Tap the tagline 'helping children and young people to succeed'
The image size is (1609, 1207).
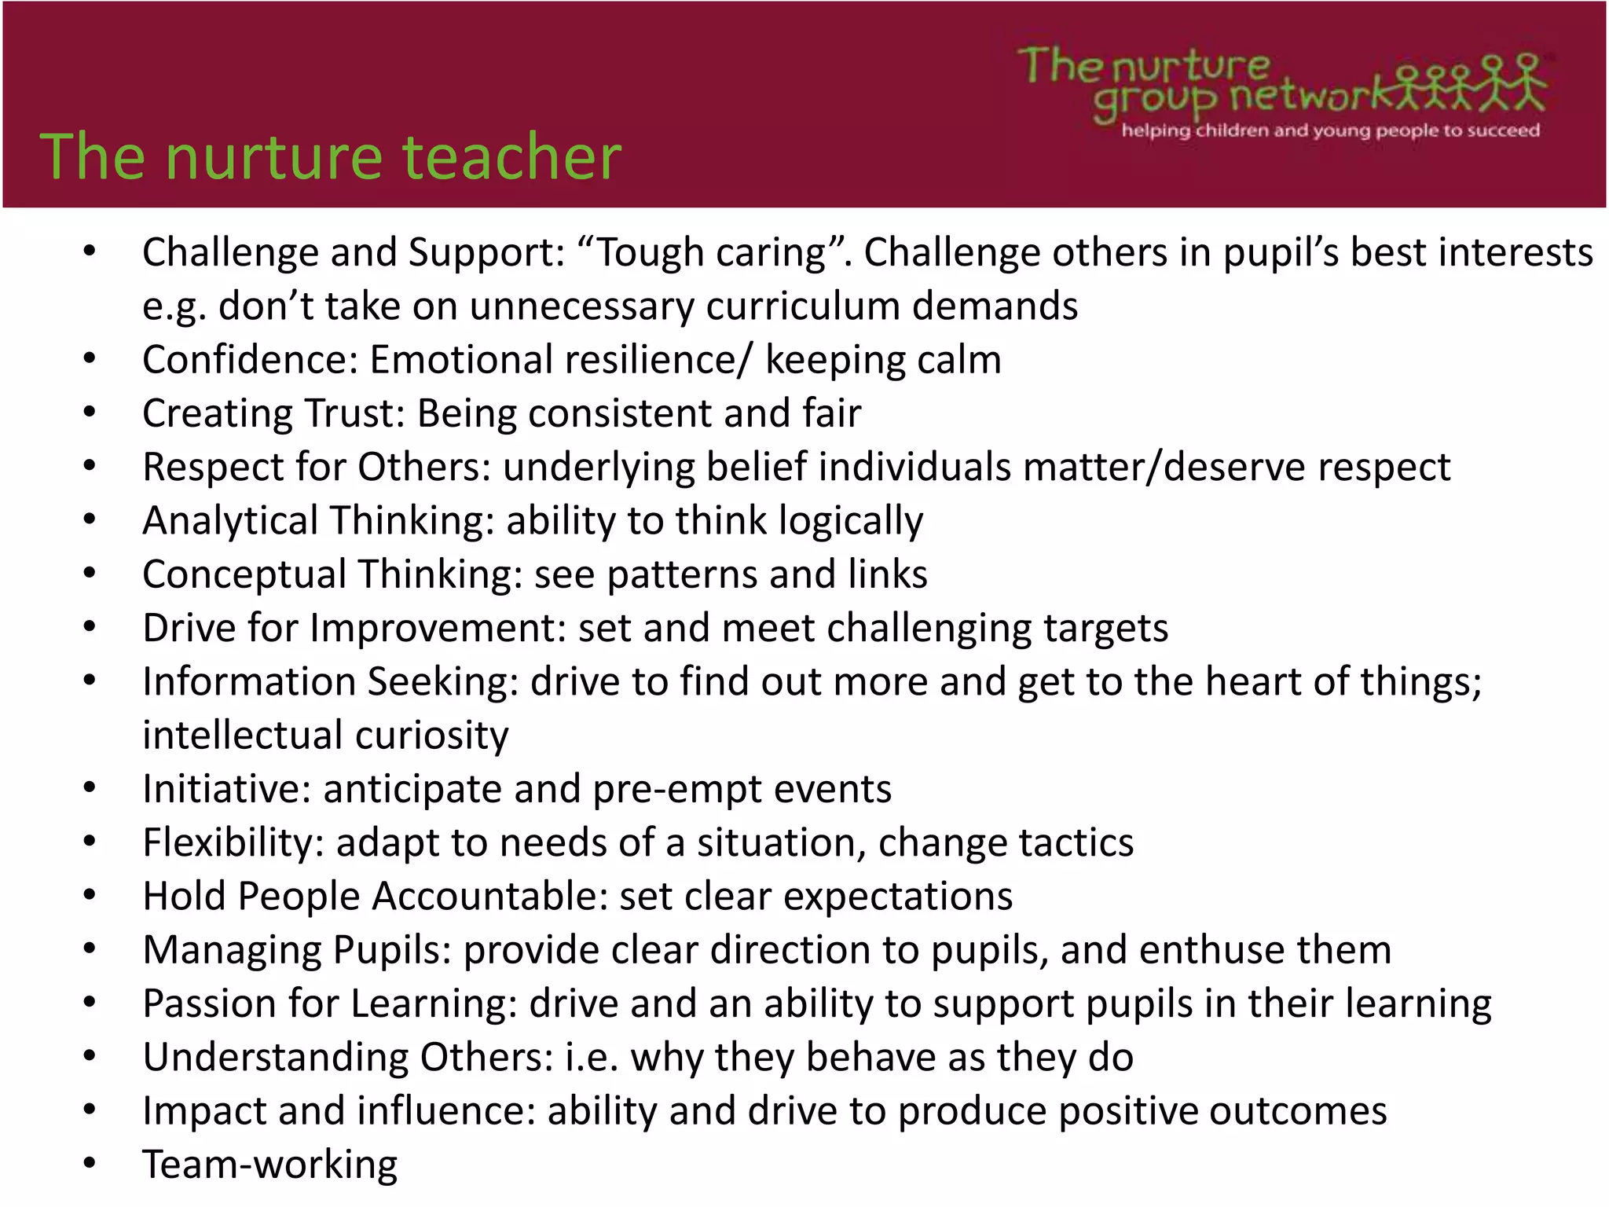[1330, 130]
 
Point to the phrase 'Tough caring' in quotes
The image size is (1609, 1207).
[713, 253]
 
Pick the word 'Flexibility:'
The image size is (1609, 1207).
[233, 842]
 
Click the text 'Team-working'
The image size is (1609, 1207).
[269, 1165]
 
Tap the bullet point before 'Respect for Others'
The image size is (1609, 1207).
[90, 467]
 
